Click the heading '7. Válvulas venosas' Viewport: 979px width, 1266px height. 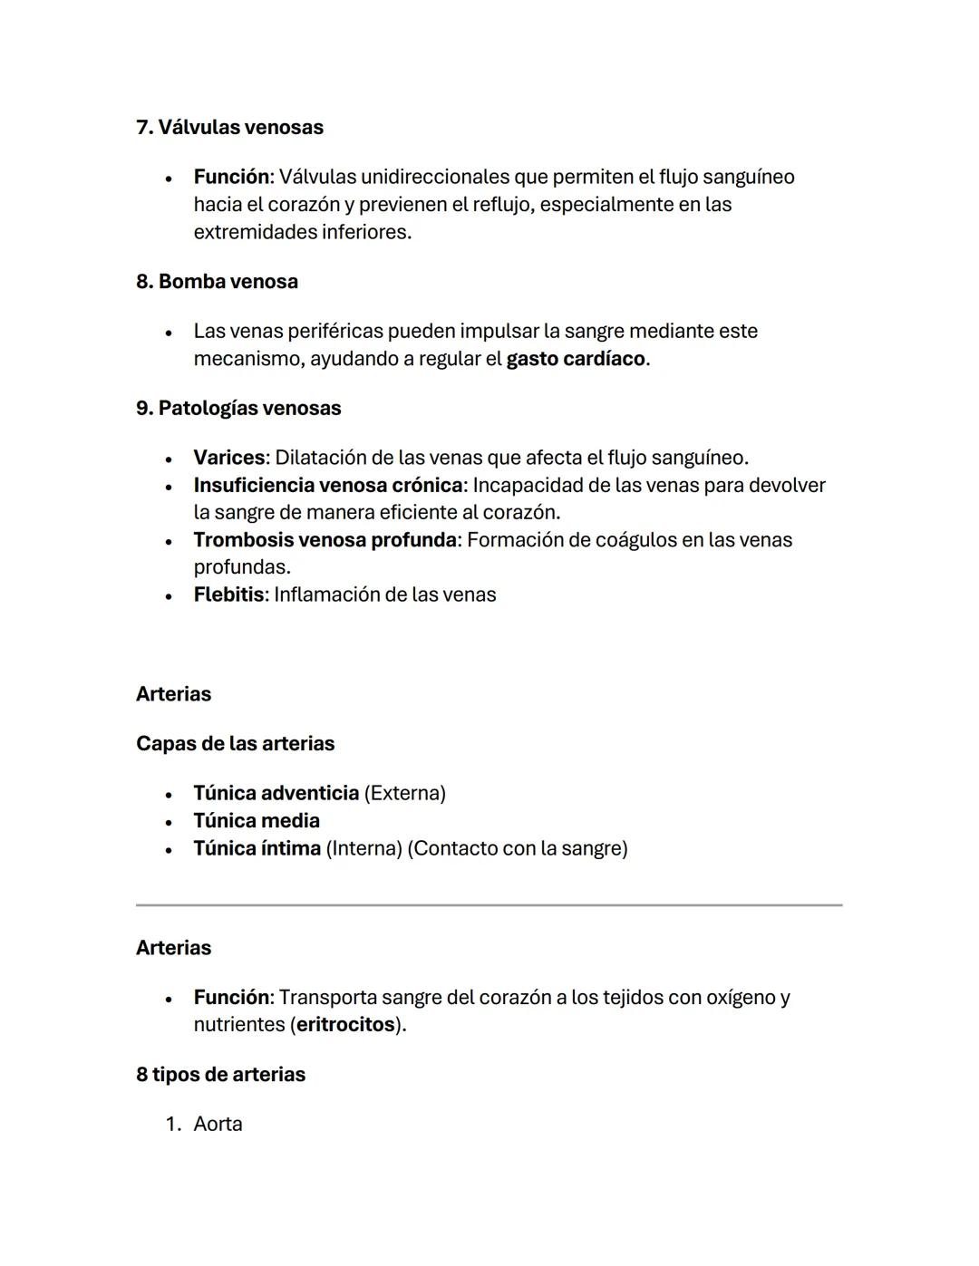(x=229, y=127)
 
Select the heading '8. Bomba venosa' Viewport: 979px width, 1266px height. (x=217, y=281)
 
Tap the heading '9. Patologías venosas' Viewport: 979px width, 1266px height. (x=238, y=408)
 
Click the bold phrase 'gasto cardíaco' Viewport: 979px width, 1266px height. (x=576, y=358)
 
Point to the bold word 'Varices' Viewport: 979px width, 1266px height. (x=229, y=458)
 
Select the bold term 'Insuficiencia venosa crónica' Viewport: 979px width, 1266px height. (x=327, y=485)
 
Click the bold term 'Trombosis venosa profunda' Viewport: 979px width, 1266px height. (x=325, y=540)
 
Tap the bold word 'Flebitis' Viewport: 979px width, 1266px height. (x=228, y=594)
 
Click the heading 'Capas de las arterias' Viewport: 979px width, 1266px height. (x=235, y=743)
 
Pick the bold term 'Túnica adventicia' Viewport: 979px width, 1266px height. (x=276, y=793)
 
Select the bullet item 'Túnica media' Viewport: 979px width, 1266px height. (x=257, y=820)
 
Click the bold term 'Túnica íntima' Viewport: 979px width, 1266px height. (x=257, y=848)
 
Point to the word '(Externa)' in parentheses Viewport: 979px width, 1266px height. (x=404, y=793)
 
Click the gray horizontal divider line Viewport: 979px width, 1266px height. (x=489, y=904)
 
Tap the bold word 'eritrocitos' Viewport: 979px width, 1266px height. (x=345, y=1024)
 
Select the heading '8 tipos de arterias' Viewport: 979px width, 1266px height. (x=220, y=1074)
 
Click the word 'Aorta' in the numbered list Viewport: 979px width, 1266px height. (x=218, y=1124)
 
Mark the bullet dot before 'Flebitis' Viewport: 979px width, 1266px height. (x=169, y=596)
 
